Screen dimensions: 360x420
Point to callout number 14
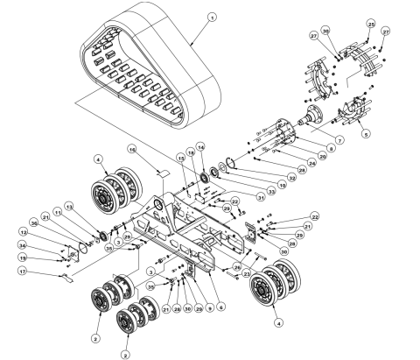tap(199, 145)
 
